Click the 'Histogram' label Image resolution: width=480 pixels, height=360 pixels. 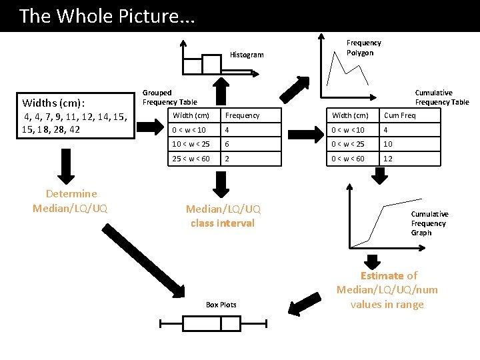pyautogui.click(x=247, y=55)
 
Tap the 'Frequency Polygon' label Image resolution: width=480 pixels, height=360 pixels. pyautogui.click(x=364, y=48)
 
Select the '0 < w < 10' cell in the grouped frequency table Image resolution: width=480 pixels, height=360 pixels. pyautogui.click(x=189, y=130)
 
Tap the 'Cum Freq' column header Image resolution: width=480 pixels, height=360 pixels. pyautogui.click(x=400, y=115)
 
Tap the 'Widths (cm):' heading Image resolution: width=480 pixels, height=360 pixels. pyautogui.click(x=53, y=103)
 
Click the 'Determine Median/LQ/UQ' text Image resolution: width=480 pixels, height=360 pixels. pyautogui.click(x=70, y=201)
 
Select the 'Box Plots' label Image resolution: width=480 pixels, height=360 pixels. pyautogui.click(x=221, y=305)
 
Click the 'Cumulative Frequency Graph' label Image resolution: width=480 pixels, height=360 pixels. pyautogui.click(x=430, y=223)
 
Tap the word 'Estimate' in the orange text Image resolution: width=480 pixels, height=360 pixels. pyautogui.click(x=382, y=276)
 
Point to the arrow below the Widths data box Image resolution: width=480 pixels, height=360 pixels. pyautogui.click(x=65, y=165)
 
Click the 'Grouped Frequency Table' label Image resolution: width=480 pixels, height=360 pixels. pyautogui.click(x=169, y=97)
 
